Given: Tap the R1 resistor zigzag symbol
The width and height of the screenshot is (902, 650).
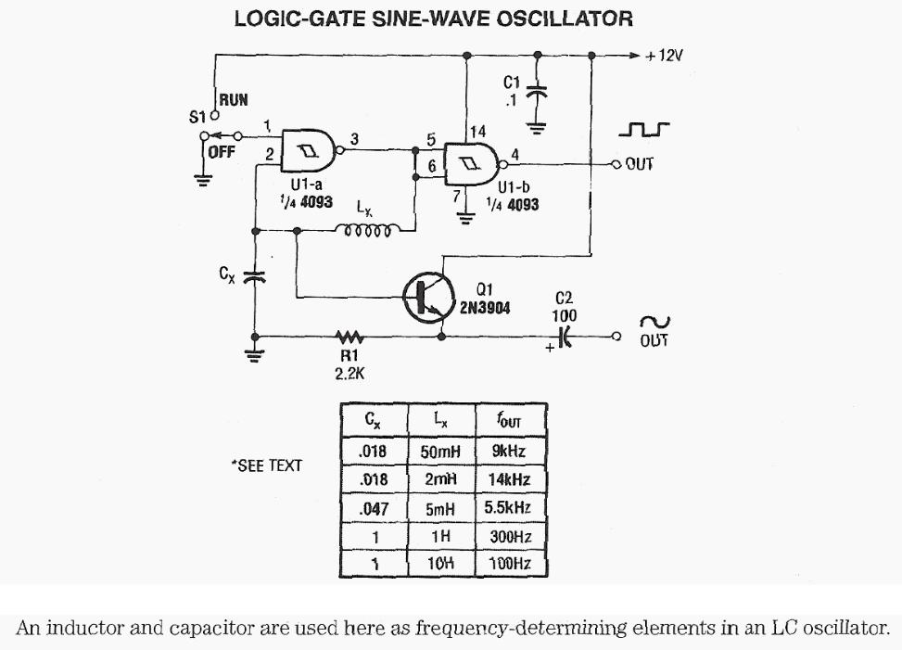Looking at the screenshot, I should tap(349, 336).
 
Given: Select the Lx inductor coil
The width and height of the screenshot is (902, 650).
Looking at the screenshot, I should tap(368, 231).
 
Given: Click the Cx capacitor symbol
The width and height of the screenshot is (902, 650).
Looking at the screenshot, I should tap(253, 275).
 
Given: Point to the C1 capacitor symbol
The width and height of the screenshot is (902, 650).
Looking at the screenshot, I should tap(536, 92).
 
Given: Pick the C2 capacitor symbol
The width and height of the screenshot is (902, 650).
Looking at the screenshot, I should tap(565, 337).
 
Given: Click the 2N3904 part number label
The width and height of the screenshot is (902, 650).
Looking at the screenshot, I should tap(488, 306).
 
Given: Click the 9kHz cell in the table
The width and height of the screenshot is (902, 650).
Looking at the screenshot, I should tap(509, 452).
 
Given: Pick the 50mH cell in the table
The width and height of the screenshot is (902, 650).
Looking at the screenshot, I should tap(441, 452).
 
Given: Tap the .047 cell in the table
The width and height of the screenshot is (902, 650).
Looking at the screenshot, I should tap(373, 508).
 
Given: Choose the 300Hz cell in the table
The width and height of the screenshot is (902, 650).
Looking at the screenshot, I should tap(509, 536).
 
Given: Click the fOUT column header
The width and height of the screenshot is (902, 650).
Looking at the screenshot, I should tap(510, 421).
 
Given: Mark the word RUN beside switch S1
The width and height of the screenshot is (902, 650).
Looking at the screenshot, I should tap(234, 99).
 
